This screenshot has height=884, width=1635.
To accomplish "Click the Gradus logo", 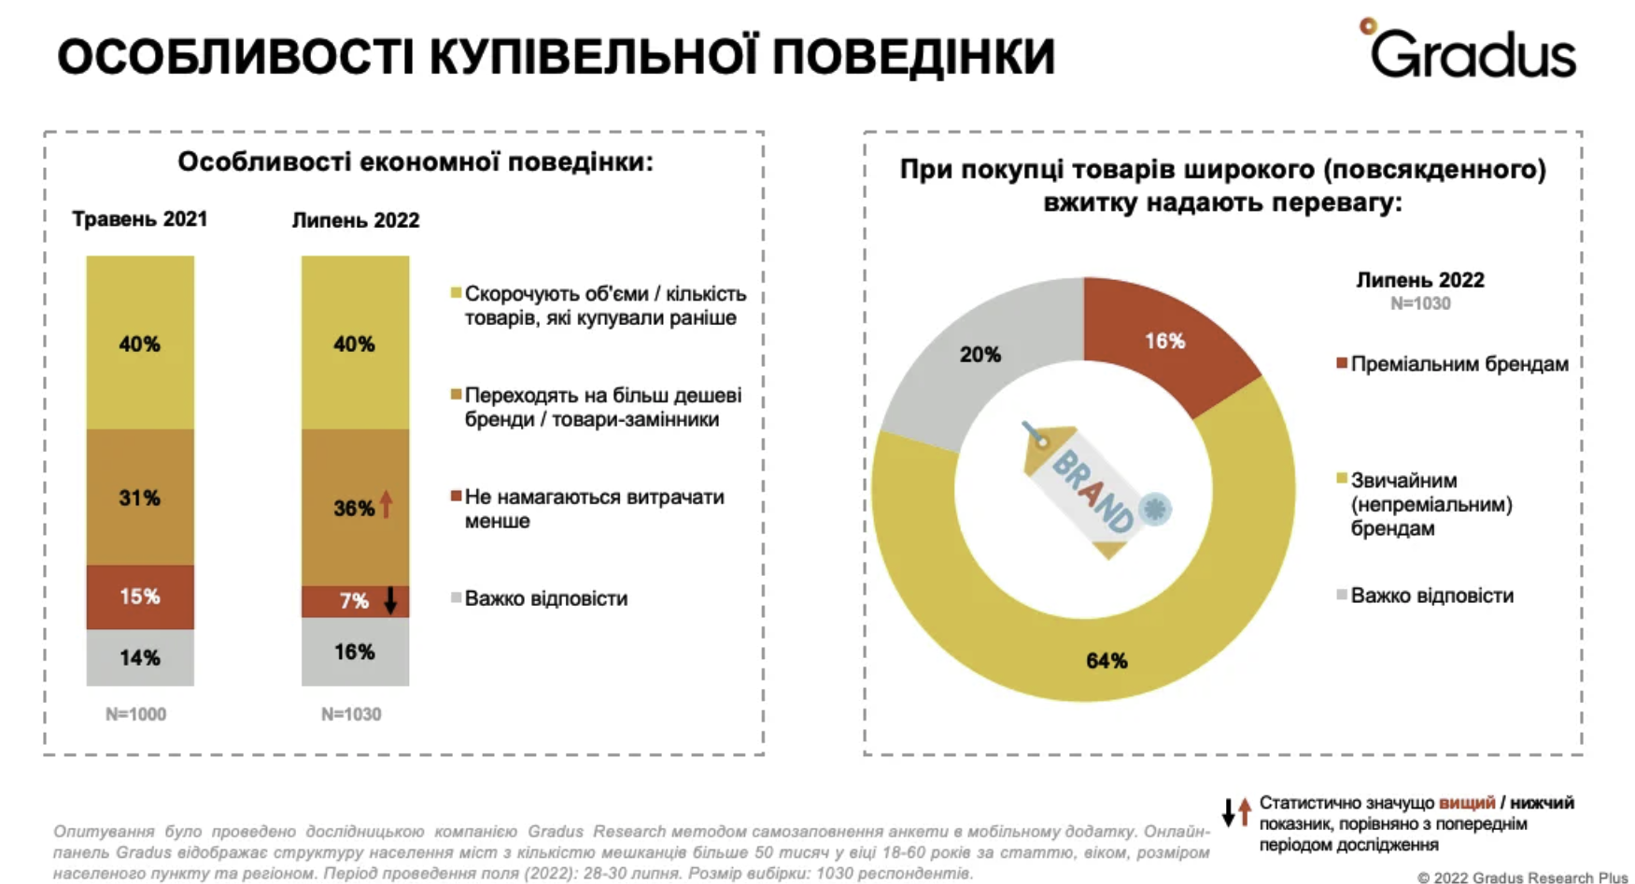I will pyautogui.click(x=1470, y=51).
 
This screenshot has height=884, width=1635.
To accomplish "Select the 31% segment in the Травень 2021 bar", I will pyautogui.click(x=140, y=498).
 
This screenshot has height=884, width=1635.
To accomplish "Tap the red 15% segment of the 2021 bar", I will pyautogui.click(x=140, y=596).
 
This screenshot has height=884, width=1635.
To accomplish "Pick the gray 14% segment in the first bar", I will pyautogui.click(x=140, y=657).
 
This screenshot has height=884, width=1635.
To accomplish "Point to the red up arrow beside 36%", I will pyautogui.click(x=387, y=505).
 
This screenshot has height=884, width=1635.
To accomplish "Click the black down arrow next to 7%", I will pyautogui.click(x=391, y=600).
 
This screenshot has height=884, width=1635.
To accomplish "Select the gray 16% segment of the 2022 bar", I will pyautogui.click(x=355, y=652).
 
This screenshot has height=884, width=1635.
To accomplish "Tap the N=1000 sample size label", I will pyautogui.click(x=136, y=714).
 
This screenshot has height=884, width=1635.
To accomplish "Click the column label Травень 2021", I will pyautogui.click(x=140, y=219).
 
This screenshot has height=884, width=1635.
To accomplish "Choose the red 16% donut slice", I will pyautogui.click(x=1165, y=342).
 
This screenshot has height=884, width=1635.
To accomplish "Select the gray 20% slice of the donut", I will pyautogui.click(x=980, y=355).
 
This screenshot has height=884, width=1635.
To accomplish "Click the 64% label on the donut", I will pyautogui.click(x=1106, y=661).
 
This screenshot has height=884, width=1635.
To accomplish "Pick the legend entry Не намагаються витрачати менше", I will pyautogui.click(x=594, y=509).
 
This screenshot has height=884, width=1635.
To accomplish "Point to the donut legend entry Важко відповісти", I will pyautogui.click(x=1431, y=596).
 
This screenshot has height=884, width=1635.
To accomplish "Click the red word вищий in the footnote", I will pyautogui.click(x=1467, y=803).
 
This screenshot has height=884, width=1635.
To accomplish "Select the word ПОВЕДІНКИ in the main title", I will pyautogui.click(x=915, y=56).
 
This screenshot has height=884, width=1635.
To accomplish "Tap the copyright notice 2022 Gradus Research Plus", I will pyautogui.click(x=1523, y=877).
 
